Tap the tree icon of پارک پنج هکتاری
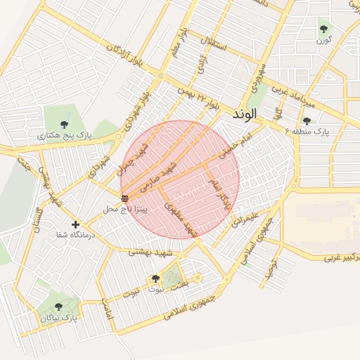[x=65, y=124]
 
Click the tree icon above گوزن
[x=323, y=29]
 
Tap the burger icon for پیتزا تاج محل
[x=124, y=198]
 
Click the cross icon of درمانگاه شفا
[x=75, y=224]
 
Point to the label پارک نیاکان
[x=57, y=319]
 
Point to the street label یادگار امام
[x=220, y=194]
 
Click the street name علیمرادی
[x=245, y=216]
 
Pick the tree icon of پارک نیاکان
[x=57, y=306]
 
